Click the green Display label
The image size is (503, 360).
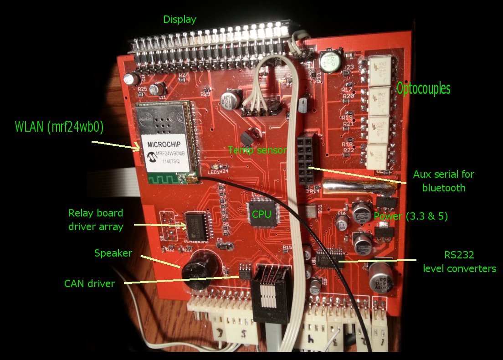(180, 20)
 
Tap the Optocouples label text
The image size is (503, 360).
(423, 88)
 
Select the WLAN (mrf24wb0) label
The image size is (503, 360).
(59, 128)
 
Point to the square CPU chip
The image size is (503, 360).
(264, 213)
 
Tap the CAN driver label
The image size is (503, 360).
(89, 283)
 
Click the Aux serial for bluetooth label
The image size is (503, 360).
(443, 181)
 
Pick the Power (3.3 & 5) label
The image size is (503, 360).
(411, 216)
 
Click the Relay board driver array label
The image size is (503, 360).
(96, 220)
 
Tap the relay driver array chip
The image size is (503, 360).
(196, 226)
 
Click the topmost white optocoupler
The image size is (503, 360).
(380, 69)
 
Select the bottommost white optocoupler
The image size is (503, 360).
(380, 156)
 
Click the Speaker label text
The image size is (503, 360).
(113, 253)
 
